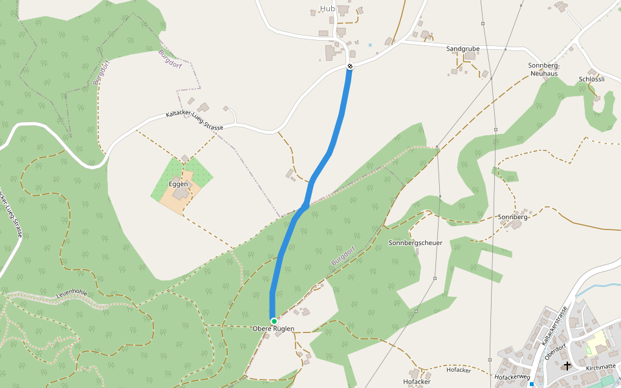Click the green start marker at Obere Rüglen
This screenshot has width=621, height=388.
(274, 321)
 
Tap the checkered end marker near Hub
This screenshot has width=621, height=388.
(350, 66)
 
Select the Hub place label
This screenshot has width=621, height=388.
(327, 8)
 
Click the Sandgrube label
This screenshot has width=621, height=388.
(463, 48)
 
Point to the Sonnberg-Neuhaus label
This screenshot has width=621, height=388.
(543, 70)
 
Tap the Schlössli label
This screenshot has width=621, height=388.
(592, 79)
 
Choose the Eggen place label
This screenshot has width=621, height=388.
(178, 184)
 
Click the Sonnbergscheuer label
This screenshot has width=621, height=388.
(415, 242)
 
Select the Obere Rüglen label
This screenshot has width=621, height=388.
(273, 329)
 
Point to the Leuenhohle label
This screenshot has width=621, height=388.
(71, 292)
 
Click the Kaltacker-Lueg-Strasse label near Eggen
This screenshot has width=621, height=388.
(194, 121)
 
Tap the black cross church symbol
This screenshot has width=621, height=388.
(567, 365)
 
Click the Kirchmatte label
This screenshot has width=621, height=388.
(601, 367)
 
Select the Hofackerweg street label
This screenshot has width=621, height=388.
(512, 376)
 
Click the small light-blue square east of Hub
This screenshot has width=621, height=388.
(370, 45)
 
